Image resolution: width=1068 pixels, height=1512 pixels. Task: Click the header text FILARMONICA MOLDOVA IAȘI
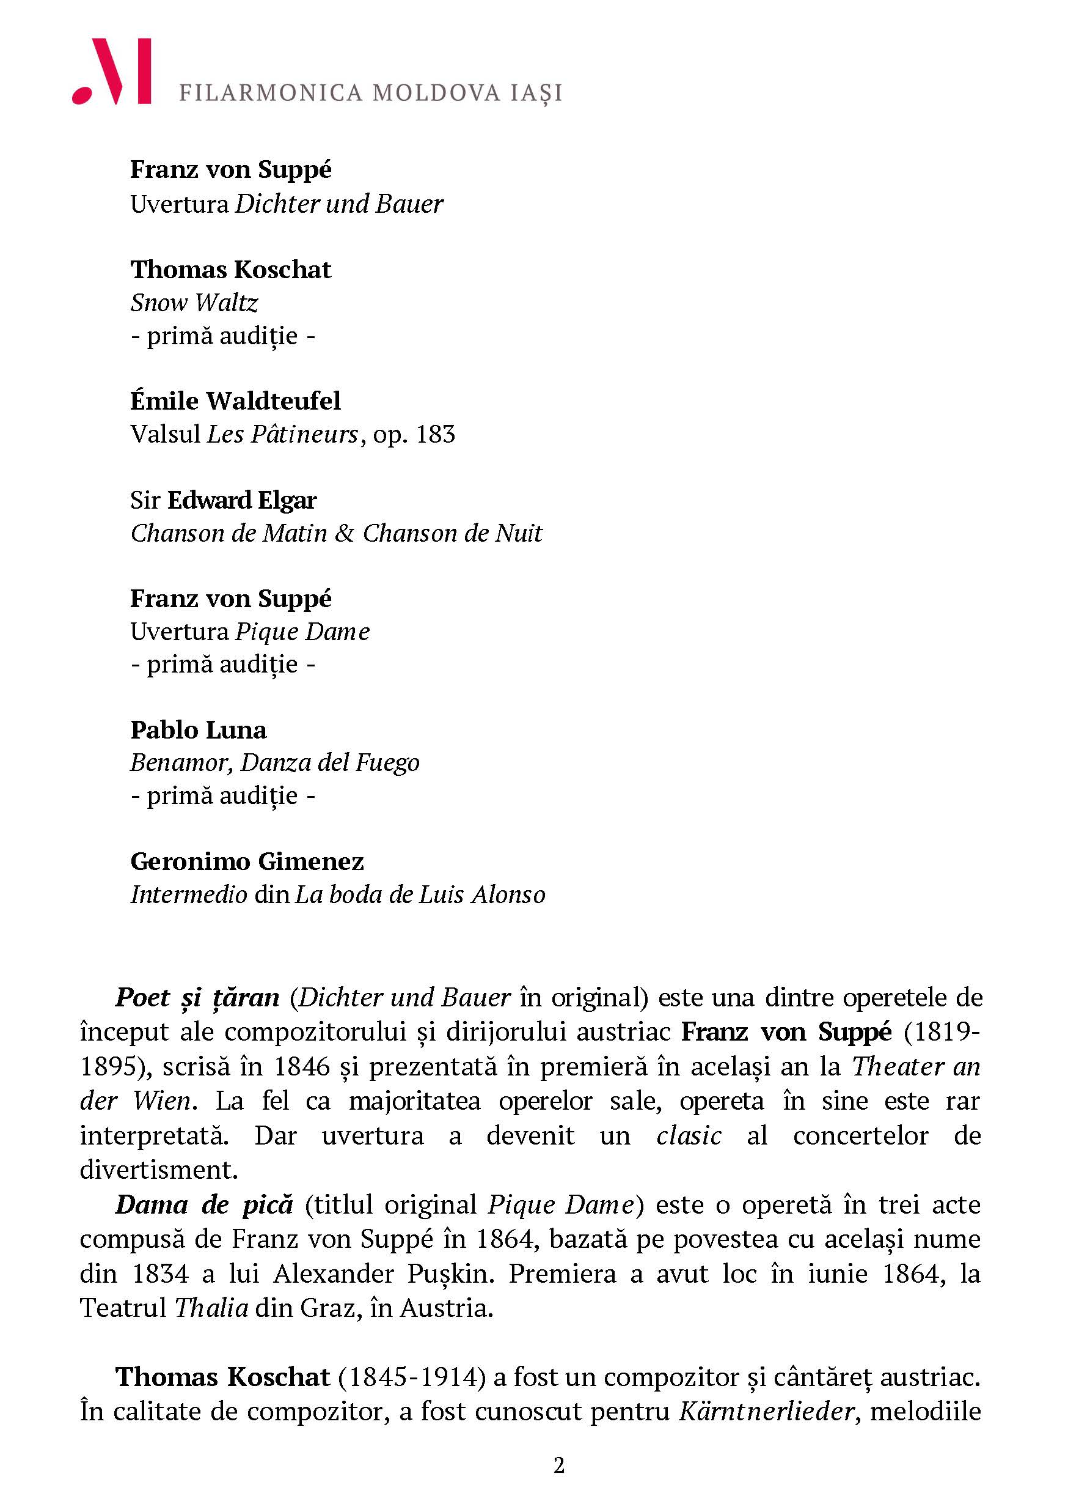370,93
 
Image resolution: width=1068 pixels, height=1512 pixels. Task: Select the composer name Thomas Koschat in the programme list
230,270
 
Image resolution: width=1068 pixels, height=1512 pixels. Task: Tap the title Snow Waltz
194,303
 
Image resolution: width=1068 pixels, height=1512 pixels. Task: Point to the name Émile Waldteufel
236,400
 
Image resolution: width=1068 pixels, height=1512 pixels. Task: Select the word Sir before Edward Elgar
145,501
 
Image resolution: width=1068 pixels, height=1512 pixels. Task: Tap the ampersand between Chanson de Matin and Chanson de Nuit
344,533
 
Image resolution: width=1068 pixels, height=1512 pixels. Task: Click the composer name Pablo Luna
198,729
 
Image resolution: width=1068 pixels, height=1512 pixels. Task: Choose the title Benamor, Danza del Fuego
274,762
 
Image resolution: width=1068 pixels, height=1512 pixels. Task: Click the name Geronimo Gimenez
247,861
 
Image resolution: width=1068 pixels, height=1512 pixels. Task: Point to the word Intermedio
189,895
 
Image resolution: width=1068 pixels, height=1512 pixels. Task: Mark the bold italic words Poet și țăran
197,998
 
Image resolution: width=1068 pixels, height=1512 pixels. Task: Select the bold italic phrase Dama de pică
204,1204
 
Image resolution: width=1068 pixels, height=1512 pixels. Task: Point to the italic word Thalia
211,1308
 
